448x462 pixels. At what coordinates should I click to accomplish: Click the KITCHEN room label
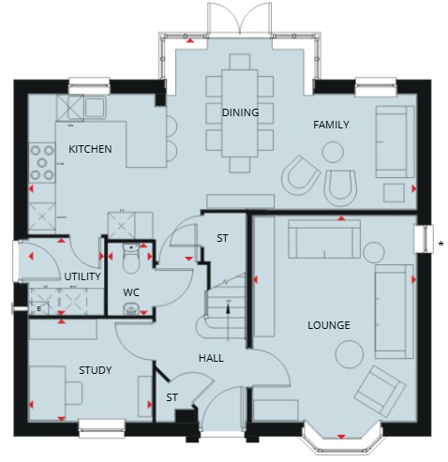point(90,149)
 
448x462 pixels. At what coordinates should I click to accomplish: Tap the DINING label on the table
point(240,112)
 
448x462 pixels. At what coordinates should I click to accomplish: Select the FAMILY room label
point(331,125)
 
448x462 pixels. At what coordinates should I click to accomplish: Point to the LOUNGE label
point(329,325)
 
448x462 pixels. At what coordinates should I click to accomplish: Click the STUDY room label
point(96,370)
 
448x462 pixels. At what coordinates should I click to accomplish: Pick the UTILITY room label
point(82,276)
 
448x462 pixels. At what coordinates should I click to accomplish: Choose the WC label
point(131,292)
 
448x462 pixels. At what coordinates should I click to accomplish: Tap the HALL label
point(211,358)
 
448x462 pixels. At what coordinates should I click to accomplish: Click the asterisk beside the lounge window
point(441,244)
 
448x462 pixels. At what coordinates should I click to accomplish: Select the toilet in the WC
point(131,259)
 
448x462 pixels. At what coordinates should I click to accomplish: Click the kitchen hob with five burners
point(42,163)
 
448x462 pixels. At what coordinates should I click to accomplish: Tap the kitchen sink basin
point(95,107)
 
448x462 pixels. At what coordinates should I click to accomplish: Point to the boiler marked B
point(39,309)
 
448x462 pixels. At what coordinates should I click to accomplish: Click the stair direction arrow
point(228,307)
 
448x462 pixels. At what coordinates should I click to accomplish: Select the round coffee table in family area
point(333,152)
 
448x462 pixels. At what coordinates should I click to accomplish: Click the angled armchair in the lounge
point(380,392)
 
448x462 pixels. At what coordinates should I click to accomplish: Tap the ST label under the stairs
point(222,238)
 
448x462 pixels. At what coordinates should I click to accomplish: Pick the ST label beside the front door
point(172,397)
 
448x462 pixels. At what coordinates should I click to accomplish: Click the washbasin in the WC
point(131,308)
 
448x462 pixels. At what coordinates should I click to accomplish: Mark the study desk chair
point(74,394)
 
